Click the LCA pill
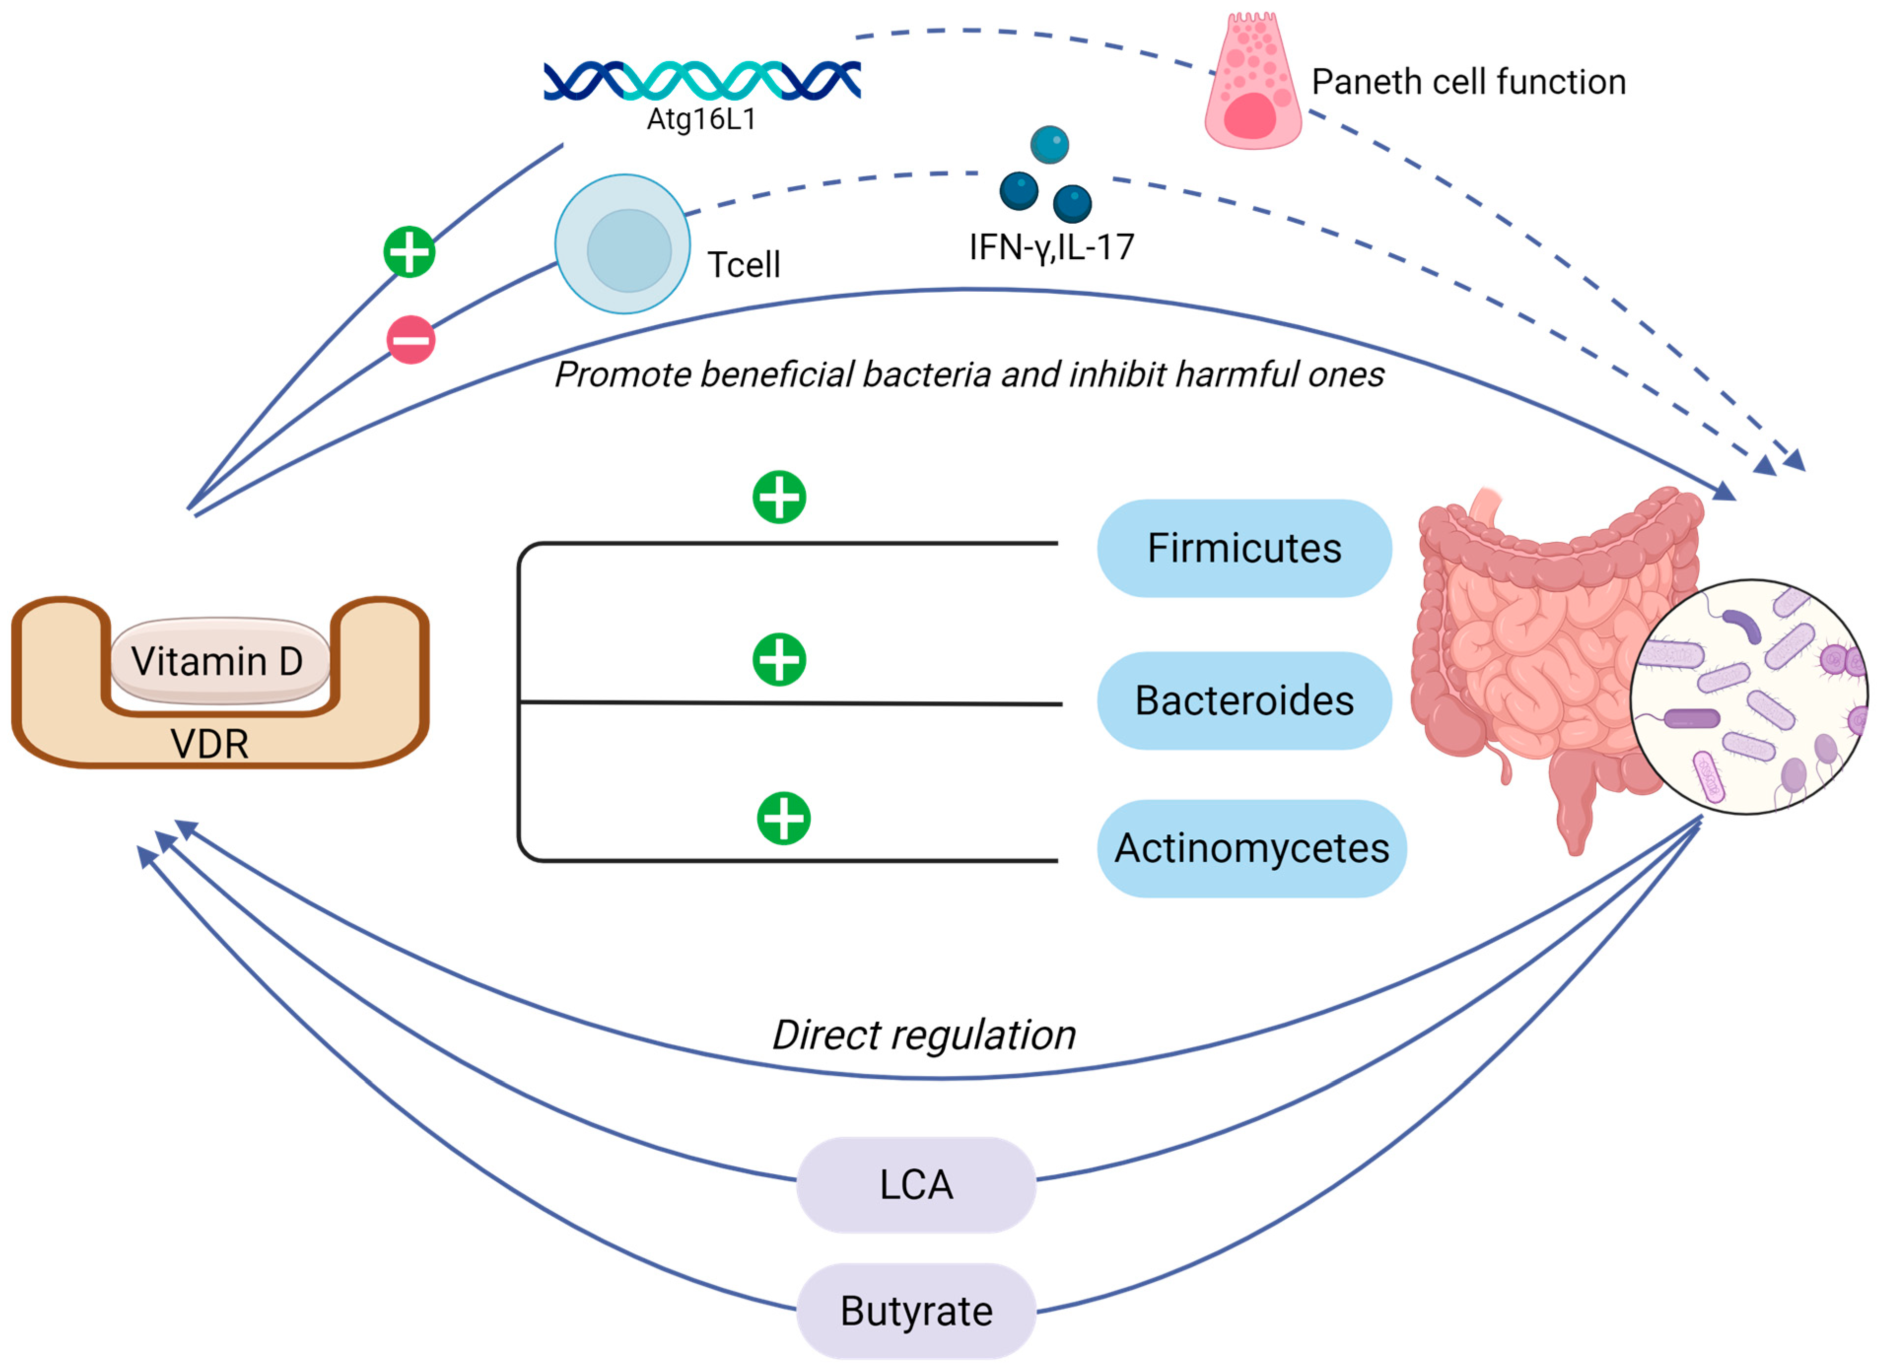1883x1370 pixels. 916,1185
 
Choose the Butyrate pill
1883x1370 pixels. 916,1311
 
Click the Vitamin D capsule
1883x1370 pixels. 219,661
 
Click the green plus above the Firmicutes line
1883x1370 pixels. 779,497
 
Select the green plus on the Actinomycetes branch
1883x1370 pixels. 783,819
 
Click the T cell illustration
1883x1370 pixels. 623,244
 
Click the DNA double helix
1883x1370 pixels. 702,80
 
